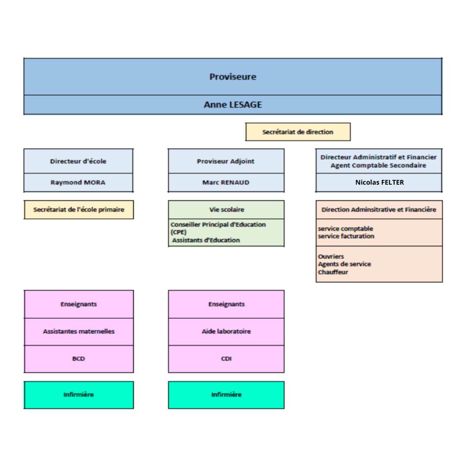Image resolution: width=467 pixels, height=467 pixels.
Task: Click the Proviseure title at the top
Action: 233,77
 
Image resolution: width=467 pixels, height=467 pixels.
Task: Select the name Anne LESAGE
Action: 233,105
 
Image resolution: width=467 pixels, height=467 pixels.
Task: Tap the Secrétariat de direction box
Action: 298,132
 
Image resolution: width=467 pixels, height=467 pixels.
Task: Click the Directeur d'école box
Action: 78,161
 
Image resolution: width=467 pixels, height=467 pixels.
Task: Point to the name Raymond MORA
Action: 78,182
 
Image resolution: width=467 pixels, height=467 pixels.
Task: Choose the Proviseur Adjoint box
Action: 226,161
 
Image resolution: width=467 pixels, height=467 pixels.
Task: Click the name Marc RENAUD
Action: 226,182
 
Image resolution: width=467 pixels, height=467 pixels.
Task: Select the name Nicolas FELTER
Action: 380,182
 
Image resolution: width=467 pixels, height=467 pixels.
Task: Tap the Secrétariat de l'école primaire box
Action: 79,210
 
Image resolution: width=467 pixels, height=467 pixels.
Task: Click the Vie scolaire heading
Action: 227,210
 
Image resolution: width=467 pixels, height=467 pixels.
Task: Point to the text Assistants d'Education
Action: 206,240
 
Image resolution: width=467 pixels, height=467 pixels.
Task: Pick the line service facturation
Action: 346,236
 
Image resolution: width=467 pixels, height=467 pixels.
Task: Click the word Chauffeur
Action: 333,272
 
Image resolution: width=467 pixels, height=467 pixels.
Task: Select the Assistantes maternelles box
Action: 79,332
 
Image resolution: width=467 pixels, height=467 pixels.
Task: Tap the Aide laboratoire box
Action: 226,332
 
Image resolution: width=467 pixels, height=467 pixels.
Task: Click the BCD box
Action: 79,359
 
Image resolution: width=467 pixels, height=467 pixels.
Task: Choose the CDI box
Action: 226,359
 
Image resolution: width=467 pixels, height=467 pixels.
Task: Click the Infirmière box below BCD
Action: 79,395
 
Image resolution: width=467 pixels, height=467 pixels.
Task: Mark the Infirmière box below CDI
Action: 226,395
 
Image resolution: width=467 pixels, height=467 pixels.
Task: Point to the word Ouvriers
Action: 331,256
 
